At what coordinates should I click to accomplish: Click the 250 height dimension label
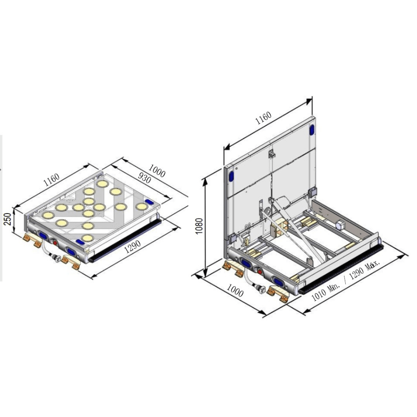point(8,219)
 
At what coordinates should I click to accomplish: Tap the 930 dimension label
point(145,178)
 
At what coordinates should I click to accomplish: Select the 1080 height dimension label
point(199,226)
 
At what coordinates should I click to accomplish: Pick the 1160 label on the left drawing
point(51,180)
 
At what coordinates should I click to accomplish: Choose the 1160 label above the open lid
point(263,118)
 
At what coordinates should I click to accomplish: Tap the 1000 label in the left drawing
point(157,171)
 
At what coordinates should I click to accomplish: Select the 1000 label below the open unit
point(235,290)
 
